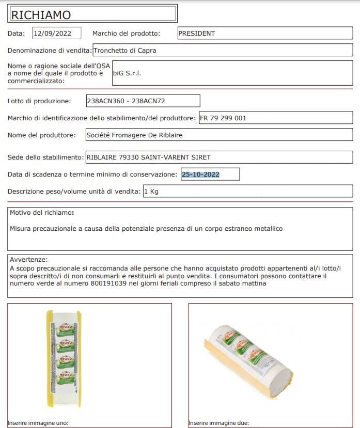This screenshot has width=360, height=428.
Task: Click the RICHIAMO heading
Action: [x=41, y=14]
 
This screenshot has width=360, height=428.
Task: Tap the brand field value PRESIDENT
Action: [x=196, y=34]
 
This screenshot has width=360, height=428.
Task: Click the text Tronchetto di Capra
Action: [x=124, y=51]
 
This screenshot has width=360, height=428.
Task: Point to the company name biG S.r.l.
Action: [x=127, y=73]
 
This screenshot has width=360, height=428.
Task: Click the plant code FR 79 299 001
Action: [x=223, y=118]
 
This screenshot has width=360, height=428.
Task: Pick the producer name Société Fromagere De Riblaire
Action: [x=134, y=135]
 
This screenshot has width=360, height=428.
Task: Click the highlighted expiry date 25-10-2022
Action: [x=200, y=175]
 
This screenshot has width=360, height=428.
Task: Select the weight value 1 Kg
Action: [x=151, y=192]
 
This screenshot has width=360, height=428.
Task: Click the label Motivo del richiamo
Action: [x=42, y=213]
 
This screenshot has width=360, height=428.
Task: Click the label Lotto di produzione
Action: [x=39, y=101]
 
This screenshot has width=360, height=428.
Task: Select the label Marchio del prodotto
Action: [x=126, y=34]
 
